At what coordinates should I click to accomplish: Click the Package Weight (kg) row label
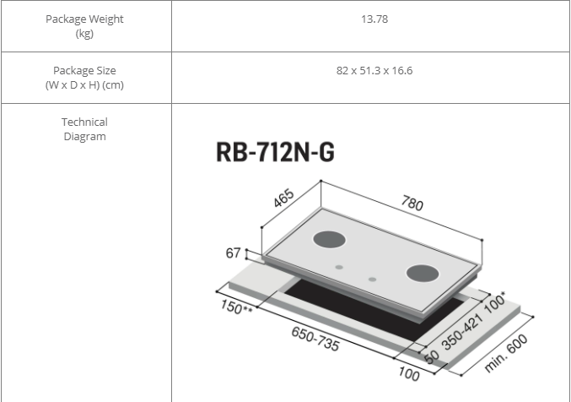click(x=84, y=26)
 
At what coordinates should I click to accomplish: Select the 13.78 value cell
click(x=374, y=19)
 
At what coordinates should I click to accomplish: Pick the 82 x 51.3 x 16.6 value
click(x=374, y=70)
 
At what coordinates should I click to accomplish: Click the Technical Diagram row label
click(x=84, y=128)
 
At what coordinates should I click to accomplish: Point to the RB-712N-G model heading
click(x=275, y=152)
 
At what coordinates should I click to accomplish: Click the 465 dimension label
click(x=283, y=198)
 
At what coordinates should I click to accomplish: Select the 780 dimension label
click(x=412, y=203)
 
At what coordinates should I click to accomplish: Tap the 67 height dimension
click(x=233, y=253)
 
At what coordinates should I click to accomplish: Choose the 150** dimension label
click(x=236, y=307)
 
